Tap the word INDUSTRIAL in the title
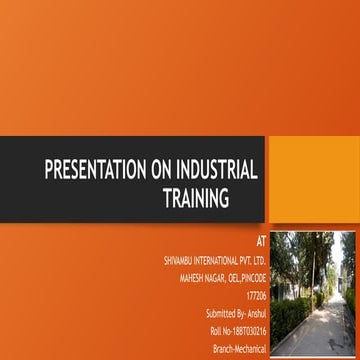pyautogui.click(x=217, y=169)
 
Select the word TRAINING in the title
pyautogui.click(x=196, y=198)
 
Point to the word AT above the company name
pyautogui.click(x=261, y=241)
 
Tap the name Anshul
pyautogui.click(x=255, y=313)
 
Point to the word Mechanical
pyautogui.click(x=250, y=346)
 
